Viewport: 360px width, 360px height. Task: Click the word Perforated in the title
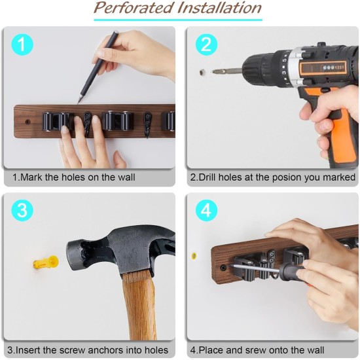[134, 8]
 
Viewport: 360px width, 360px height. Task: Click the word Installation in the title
[220, 8]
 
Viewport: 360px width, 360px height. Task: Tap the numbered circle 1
[22, 45]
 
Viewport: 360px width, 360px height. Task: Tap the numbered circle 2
[206, 45]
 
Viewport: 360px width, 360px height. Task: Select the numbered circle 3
[22, 210]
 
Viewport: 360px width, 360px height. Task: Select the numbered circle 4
[206, 210]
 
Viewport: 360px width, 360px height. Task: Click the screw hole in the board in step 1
[27, 122]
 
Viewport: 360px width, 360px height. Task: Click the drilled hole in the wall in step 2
[202, 72]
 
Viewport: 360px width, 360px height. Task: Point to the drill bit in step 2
[227, 71]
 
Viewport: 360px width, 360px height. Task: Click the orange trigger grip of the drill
[342, 135]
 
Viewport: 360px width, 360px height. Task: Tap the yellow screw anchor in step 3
[46, 262]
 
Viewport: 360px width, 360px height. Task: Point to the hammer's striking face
[71, 255]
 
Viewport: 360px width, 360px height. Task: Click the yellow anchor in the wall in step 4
[194, 256]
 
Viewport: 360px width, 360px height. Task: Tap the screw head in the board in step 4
[223, 267]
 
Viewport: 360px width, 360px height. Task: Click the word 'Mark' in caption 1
[31, 177]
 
